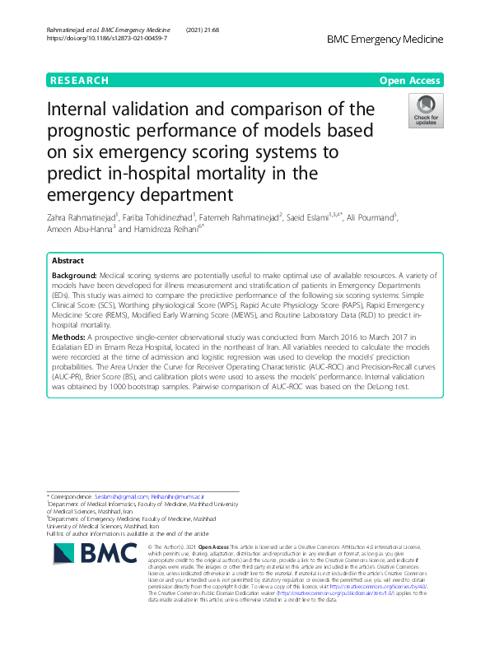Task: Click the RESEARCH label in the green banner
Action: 79,81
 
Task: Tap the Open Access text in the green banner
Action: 412,81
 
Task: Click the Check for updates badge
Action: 427,111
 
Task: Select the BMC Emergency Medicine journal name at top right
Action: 385,40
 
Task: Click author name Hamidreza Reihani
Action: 174,229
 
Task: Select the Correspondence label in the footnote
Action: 71,498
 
